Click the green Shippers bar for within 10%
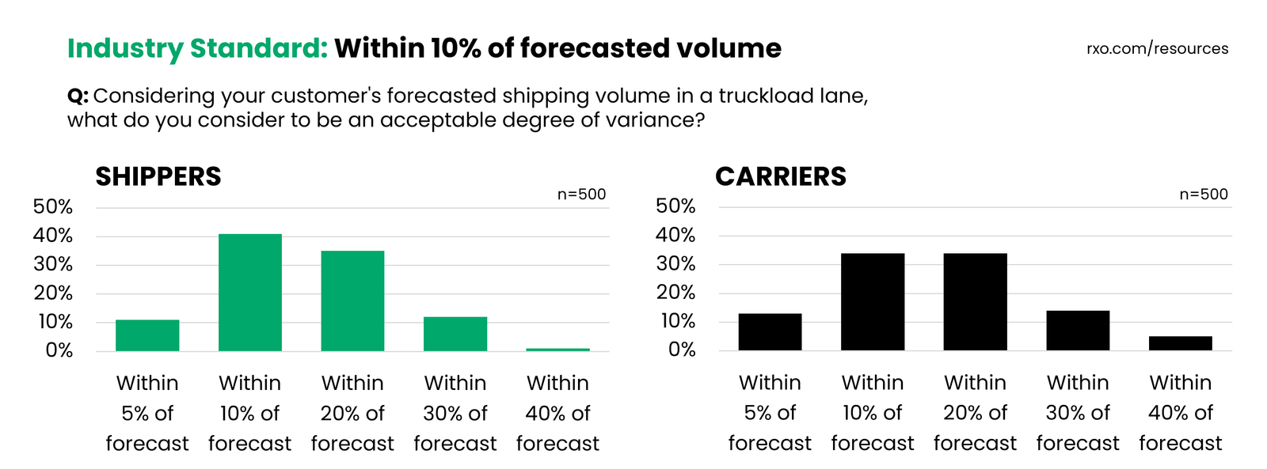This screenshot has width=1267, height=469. point(249,293)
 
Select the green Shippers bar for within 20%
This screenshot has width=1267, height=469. point(352,301)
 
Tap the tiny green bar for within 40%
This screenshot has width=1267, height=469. point(557,350)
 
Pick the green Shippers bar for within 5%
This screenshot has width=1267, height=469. point(147,335)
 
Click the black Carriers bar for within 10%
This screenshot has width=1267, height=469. point(872,302)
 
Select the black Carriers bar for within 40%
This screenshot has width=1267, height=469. point(1180,343)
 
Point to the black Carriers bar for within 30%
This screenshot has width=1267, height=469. point(1077,331)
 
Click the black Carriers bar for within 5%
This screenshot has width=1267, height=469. point(770,332)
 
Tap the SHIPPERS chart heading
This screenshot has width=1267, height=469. point(158,176)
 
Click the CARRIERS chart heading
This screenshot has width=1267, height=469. point(781,176)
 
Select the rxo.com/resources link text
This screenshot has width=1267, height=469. point(1157,48)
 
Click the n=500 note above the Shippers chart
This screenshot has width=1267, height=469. point(581,195)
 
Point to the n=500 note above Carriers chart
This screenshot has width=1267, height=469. point(1203,195)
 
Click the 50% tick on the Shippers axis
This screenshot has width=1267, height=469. point(53,207)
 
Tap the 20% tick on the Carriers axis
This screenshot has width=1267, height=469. point(675,293)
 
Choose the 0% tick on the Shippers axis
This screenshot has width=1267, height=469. point(59,350)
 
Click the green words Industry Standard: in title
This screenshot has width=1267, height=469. point(197,48)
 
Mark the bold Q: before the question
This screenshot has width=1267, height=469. point(78,96)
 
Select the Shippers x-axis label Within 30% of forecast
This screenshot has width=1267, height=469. point(455,413)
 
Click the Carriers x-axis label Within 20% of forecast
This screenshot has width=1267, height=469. point(975,413)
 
